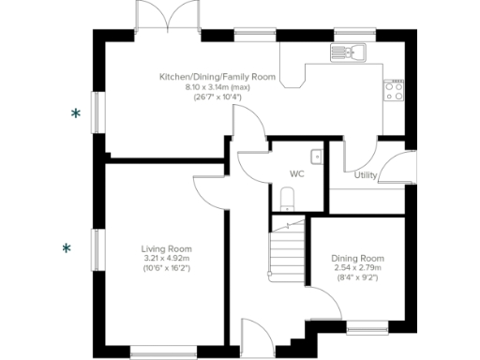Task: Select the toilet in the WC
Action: click(x=289, y=197)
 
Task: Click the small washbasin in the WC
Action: click(x=316, y=157)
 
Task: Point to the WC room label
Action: click(x=296, y=174)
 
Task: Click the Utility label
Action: click(x=367, y=174)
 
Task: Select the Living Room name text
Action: click(x=167, y=248)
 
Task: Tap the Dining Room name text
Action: click(x=358, y=258)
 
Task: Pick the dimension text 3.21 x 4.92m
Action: click(x=167, y=259)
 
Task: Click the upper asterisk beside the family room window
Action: click(x=77, y=113)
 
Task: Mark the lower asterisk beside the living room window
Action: click(x=66, y=248)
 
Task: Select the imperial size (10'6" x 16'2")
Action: click(x=167, y=269)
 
